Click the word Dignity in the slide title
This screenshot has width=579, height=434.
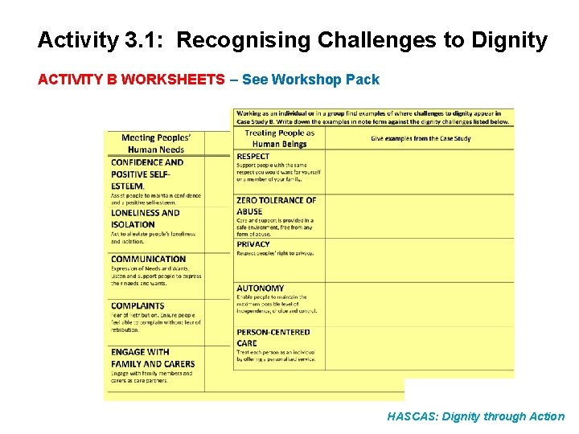(x=505, y=39)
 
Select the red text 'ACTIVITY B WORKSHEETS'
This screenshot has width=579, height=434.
(x=131, y=80)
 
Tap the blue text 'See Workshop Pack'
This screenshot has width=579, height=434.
(x=310, y=80)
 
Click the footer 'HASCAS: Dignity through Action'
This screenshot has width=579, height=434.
(x=475, y=416)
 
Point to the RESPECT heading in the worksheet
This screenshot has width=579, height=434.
(x=253, y=156)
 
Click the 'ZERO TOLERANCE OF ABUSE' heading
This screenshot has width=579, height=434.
(x=276, y=206)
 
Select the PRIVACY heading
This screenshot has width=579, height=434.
(x=253, y=244)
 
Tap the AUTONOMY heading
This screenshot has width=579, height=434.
(x=260, y=288)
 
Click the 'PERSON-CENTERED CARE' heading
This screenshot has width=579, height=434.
(x=273, y=337)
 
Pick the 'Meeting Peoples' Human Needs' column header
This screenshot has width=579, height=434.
(x=153, y=143)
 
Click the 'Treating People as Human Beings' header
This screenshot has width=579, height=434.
(x=279, y=138)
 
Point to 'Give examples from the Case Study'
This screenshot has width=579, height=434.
(x=421, y=138)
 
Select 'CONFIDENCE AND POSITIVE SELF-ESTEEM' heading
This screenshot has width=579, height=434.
(x=147, y=174)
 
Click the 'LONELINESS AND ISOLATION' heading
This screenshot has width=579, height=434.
(x=146, y=219)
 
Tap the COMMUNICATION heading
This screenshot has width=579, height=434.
(x=148, y=259)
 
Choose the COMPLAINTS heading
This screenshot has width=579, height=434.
(x=138, y=305)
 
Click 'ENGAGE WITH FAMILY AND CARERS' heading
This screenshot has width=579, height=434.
(x=152, y=358)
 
